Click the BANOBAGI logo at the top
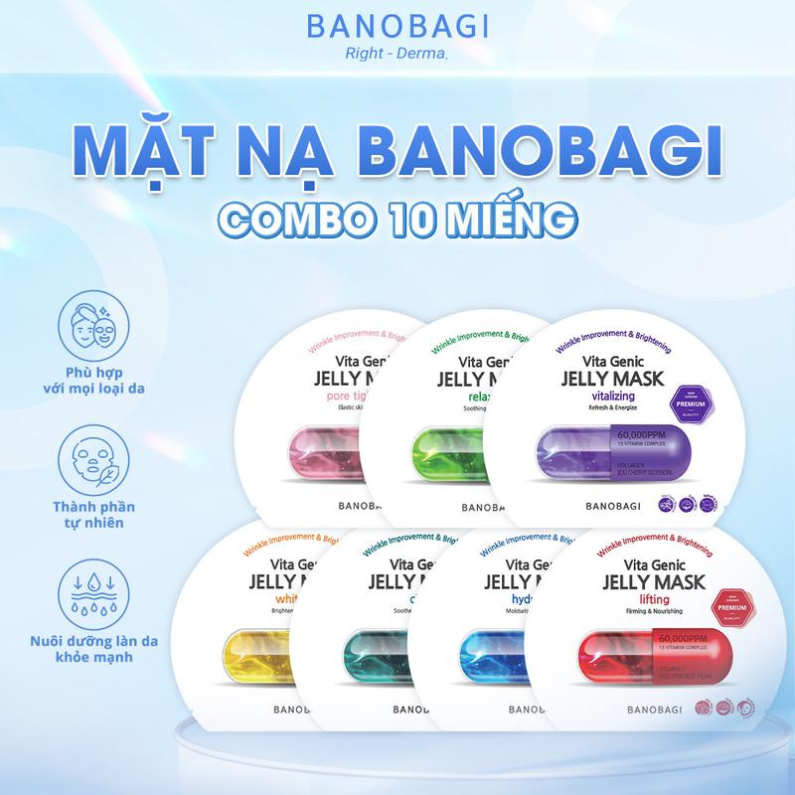tap(397, 27)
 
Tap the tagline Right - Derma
tap(397, 57)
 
